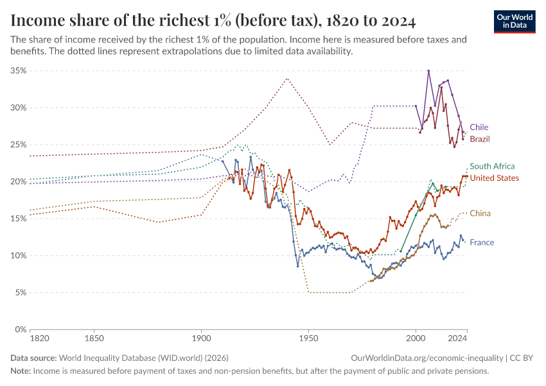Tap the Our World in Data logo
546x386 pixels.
point(514,21)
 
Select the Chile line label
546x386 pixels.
point(479,127)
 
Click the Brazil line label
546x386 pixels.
point(480,139)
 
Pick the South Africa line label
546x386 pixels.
point(492,166)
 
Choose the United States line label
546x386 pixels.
point(495,178)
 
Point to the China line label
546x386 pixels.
point(480,214)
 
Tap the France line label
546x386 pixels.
point(482,243)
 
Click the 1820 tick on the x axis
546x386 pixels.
point(39,338)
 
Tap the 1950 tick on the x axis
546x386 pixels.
point(308,338)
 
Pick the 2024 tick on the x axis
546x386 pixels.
point(457,338)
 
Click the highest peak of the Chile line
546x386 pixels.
point(428,71)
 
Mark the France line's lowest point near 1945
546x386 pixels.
point(297,266)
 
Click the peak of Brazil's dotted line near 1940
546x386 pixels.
point(286,78)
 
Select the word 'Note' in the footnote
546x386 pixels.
point(20,371)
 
